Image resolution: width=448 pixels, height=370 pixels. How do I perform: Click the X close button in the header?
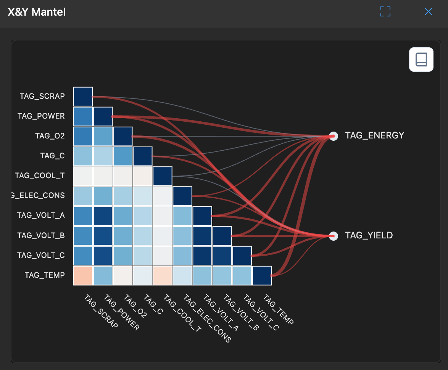[x=428, y=12]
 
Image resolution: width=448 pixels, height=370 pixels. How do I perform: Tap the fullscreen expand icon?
[x=385, y=12]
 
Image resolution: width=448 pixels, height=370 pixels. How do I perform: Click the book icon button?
[x=421, y=60]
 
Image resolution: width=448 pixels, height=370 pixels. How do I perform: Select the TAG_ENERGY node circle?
[x=333, y=136]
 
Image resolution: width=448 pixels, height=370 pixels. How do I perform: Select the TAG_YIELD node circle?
[x=333, y=236]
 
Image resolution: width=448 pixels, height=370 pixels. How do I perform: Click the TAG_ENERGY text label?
[x=374, y=135]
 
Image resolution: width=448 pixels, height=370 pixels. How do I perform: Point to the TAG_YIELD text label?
[x=369, y=235]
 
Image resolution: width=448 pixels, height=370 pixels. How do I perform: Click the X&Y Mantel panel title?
[x=37, y=12]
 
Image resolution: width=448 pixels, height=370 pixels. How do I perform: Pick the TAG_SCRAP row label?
[x=42, y=96]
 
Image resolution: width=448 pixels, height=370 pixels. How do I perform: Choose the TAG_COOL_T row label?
[x=40, y=176]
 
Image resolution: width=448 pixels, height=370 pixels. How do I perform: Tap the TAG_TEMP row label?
[x=45, y=275]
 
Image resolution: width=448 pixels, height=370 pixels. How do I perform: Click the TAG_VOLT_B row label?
[x=41, y=235]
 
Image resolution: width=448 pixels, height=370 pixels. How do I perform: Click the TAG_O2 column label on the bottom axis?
[x=135, y=307]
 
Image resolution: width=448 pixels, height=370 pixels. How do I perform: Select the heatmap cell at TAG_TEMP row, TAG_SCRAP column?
[x=83, y=275]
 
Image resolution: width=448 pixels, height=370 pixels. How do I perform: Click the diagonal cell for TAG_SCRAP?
[x=83, y=97]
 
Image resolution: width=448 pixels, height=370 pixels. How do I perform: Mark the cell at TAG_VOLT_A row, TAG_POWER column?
[x=103, y=216]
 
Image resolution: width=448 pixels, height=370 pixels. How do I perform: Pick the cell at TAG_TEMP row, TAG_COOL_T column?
[x=162, y=275]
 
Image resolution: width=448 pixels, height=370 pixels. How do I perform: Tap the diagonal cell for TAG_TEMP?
[x=261, y=275]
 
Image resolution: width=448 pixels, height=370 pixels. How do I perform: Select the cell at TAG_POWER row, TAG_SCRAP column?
[x=83, y=116]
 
